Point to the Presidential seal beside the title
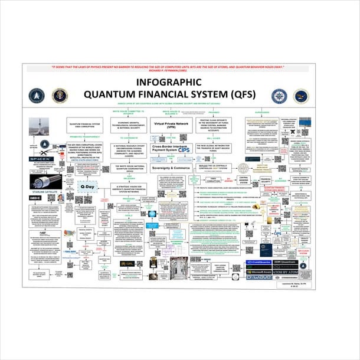[60, 96]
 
